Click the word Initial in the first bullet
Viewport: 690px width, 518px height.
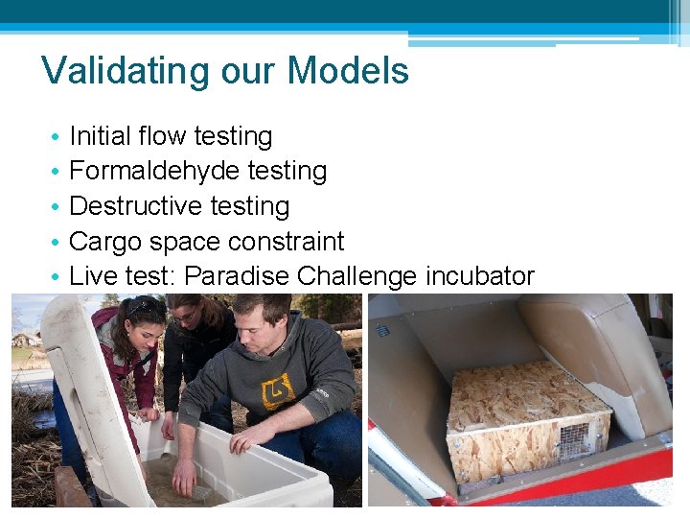click(x=101, y=136)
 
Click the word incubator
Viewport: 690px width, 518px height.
click(x=480, y=276)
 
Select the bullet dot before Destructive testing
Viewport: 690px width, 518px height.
click(x=57, y=207)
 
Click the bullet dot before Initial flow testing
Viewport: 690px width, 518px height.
click(x=57, y=137)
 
